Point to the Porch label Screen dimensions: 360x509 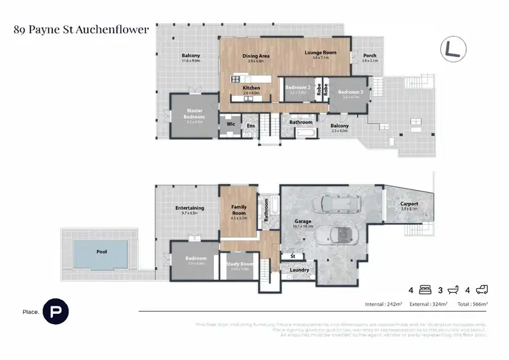tap(369, 56)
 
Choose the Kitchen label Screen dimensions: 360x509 tap(252, 88)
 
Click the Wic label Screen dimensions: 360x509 tap(230, 124)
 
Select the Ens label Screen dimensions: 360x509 tap(250, 125)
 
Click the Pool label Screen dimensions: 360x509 tap(102, 251)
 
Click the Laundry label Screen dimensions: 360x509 tap(299, 270)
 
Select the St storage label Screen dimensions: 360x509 tap(293, 256)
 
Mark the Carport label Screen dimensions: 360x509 tap(409, 204)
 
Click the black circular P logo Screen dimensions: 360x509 tap(55, 311)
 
